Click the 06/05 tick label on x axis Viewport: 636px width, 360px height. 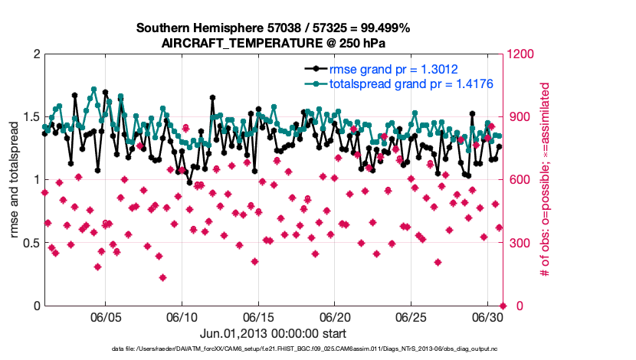click(x=106, y=316)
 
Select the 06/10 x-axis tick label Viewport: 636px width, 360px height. click(x=182, y=316)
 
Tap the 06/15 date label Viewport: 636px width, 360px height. click(x=259, y=316)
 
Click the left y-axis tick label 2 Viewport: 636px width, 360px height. click(x=36, y=54)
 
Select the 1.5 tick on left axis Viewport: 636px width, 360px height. click(x=31, y=117)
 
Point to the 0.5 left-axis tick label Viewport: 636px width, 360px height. click(x=31, y=244)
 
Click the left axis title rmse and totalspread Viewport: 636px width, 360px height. click(x=15, y=180)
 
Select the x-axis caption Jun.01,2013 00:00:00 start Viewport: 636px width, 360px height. click(x=273, y=334)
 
